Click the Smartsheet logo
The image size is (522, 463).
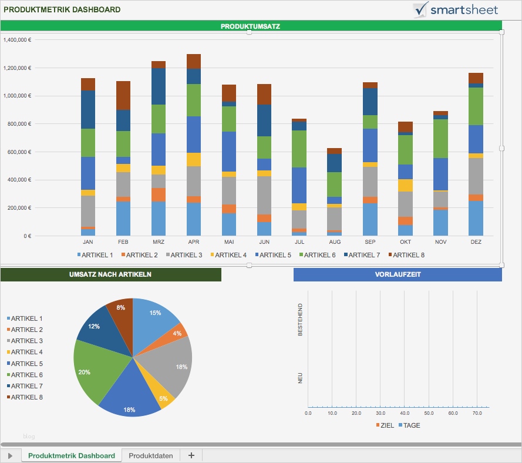pyautogui.click(x=456, y=9)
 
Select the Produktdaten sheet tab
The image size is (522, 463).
pyautogui.click(x=150, y=455)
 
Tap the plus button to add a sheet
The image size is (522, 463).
pyautogui.click(x=191, y=455)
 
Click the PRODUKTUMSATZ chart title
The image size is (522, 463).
pyautogui.click(x=250, y=26)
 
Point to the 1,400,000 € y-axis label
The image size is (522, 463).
pyautogui.click(x=17, y=40)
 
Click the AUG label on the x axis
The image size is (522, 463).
pyautogui.click(x=335, y=241)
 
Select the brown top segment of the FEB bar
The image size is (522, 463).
pyautogui.click(x=123, y=95)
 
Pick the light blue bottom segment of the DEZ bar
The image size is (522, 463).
pyautogui.click(x=476, y=218)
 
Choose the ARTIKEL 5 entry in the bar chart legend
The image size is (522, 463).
pyautogui.click(x=275, y=255)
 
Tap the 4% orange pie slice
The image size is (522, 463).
pyautogui.click(x=177, y=333)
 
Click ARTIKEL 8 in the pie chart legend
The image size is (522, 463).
pyautogui.click(x=26, y=397)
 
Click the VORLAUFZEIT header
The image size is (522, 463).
pyautogui.click(x=398, y=274)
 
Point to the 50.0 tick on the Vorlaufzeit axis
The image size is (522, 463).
pyautogui.click(x=429, y=414)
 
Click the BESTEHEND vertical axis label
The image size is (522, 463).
pyautogui.click(x=301, y=320)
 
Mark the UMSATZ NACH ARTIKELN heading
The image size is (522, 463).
pyautogui.click(x=110, y=274)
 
